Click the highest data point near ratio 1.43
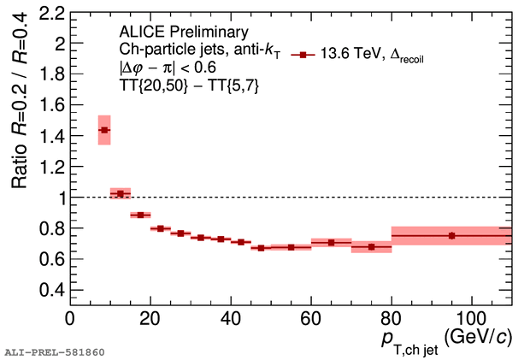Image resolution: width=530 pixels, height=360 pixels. pyautogui.click(x=104, y=130)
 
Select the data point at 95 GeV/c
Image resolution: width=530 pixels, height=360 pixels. pyautogui.click(x=451, y=235)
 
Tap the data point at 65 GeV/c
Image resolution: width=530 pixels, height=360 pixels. pyautogui.click(x=331, y=243)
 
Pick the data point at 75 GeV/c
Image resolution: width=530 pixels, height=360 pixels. pyautogui.click(x=371, y=247)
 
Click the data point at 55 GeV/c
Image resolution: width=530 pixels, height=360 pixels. pyautogui.click(x=291, y=247)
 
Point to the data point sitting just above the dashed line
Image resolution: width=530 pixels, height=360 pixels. pyautogui.click(x=121, y=194)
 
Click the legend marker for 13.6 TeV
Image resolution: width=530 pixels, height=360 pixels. pyautogui.click(x=299, y=56)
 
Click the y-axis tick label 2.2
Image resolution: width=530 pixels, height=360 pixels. pyautogui.click(x=52, y=14)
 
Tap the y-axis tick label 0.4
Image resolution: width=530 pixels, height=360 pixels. pyautogui.click(x=52, y=289)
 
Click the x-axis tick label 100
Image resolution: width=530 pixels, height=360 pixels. pyautogui.click(x=471, y=319)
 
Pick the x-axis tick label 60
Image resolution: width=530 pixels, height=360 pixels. pyautogui.click(x=311, y=319)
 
